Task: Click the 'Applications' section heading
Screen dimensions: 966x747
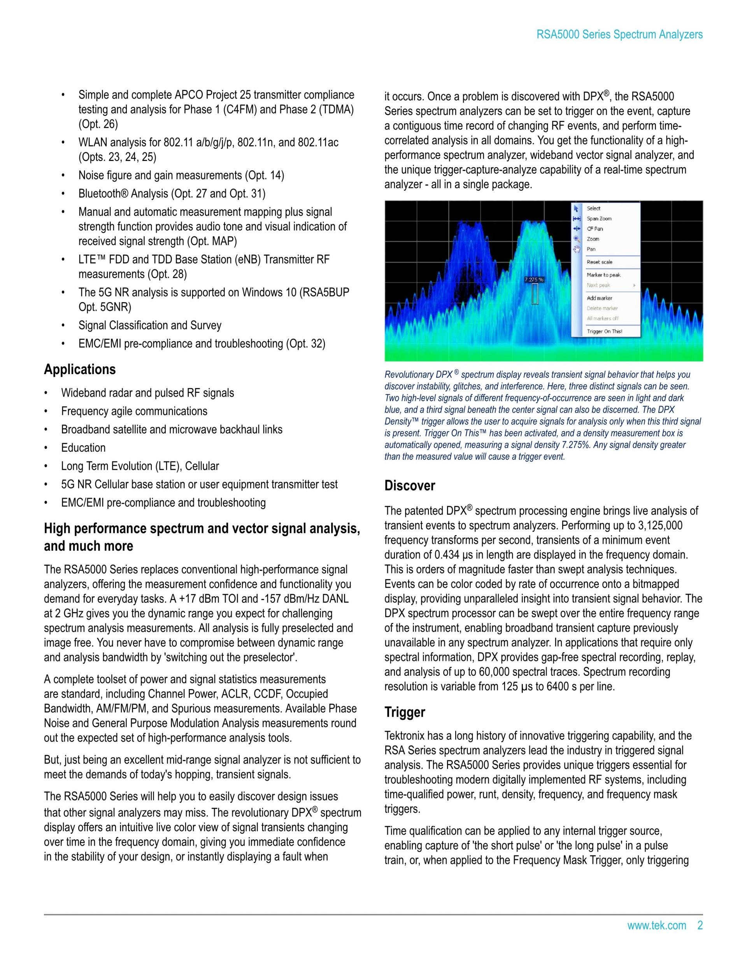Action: click(80, 369)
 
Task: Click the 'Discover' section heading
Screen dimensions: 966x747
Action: click(409, 486)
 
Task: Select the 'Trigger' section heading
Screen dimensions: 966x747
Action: click(405, 712)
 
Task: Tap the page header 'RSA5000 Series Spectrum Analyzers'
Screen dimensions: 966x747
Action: click(619, 35)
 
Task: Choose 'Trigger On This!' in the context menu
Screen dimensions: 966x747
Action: click(604, 331)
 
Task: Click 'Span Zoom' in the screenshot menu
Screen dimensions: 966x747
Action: click(599, 219)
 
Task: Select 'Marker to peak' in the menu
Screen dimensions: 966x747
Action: click(603, 275)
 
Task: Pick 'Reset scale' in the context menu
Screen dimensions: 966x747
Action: click(599, 262)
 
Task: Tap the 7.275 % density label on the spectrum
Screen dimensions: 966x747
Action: click(534, 280)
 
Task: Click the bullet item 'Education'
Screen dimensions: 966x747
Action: click(83, 448)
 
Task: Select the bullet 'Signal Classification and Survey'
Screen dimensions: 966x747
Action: click(149, 325)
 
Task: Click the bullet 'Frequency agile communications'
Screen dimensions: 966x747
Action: click(134, 411)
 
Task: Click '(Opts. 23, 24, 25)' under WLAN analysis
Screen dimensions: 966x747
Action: click(117, 157)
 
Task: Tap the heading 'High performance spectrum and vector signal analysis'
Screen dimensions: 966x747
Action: click(202, 528)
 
